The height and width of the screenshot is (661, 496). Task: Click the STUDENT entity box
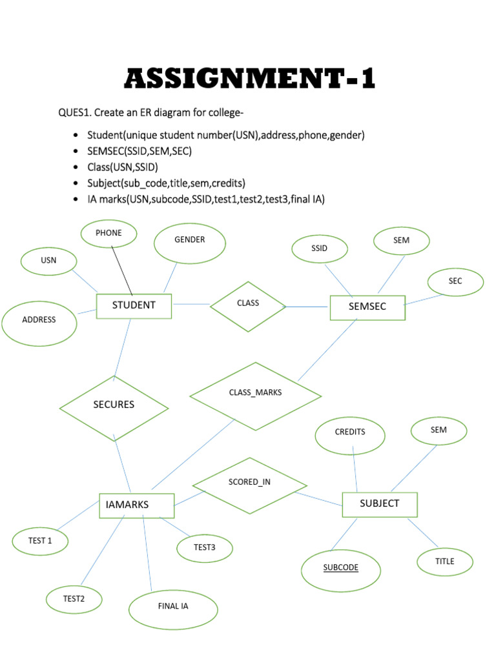click(x=134, y=306)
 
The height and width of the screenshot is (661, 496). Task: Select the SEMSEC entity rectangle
click(x=367, y=307)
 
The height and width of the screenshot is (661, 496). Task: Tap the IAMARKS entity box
click(x=136, y=505)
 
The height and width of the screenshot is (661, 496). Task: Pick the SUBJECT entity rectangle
click(x=379, y=504)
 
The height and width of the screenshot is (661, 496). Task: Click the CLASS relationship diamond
click(x=248, y=306)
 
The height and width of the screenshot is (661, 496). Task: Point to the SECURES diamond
click(x=114, y=406)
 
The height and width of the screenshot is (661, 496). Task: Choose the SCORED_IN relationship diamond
click(x=249, y=485)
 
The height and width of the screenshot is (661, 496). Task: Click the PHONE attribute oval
click(x=108, y=234)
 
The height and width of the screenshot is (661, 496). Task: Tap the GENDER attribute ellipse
click(x=190, y=243)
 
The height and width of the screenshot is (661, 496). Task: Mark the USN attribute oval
click(x=49, y=261)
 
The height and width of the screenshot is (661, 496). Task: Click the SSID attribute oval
click(x=320, y=249)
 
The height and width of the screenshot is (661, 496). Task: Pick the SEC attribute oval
click(x=455, y=282)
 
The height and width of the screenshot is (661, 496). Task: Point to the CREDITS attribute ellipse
click(x=350, y=434)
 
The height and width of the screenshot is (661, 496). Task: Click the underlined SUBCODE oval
click(x=341, y=569)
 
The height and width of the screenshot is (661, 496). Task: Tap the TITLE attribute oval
click(x=444, y=562)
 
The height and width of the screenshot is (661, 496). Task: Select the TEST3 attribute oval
click(x=204, y=548)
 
